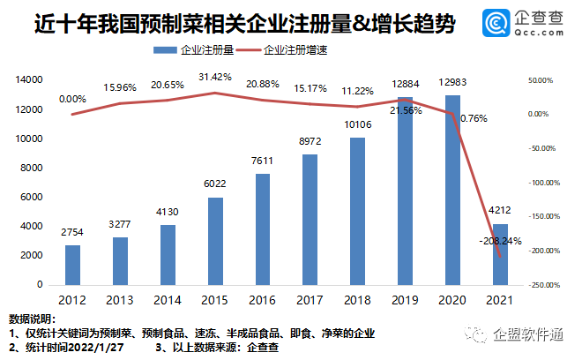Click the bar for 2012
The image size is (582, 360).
click(73, 265)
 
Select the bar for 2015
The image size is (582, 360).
click(216, 241)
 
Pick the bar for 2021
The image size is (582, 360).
click(500, 254)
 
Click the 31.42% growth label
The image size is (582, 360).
click(216, 78)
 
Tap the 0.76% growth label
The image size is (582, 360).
click(473, 118)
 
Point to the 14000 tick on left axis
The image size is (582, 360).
click(29, 79)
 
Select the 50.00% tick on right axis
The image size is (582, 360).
click(540, 79)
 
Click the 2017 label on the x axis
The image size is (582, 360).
click(310, 300)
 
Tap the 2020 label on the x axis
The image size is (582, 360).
click(452, 300)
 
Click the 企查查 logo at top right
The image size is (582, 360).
click(521, 23)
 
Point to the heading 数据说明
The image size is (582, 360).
click(33, 318)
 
